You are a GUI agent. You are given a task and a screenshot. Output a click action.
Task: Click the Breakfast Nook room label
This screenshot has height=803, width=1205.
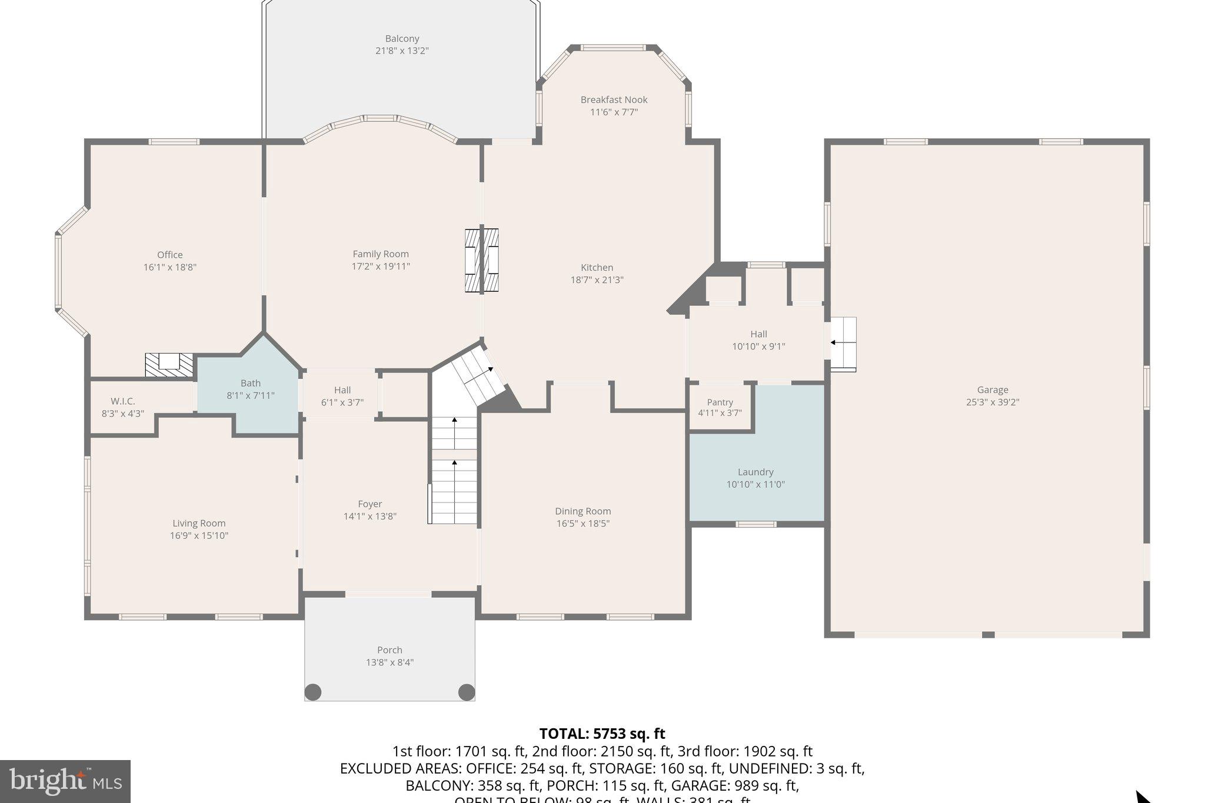tap(614, 100)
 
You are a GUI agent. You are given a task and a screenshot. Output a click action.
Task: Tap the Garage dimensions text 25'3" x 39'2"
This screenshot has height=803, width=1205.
tap(993, 402)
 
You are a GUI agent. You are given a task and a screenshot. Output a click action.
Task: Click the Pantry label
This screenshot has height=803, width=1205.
tap(720, 402)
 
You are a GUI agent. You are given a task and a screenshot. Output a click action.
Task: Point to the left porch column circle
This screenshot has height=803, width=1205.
tap(313, 692)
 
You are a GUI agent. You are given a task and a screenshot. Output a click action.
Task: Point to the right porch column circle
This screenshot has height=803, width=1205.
tap(466, 692)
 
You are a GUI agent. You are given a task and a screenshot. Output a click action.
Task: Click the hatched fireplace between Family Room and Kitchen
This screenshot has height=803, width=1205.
tap(481, 261)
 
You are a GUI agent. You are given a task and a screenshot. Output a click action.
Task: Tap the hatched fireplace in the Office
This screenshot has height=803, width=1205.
tap(169, 365)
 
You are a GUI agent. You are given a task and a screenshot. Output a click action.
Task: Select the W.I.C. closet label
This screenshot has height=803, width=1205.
tap(123, 401)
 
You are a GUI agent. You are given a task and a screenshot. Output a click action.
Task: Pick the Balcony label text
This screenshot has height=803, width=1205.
tap(402, 39)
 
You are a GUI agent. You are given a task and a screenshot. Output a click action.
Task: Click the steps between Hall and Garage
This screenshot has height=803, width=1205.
tap(843, 344)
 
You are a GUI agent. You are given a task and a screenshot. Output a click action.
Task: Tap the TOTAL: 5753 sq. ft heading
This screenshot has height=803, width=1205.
tap(602, 734)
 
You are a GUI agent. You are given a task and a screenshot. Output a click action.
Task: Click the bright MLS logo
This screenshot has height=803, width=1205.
tap(65, 781)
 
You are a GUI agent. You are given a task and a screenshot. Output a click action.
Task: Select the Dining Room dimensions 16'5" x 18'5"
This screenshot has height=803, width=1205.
tap(582, 524)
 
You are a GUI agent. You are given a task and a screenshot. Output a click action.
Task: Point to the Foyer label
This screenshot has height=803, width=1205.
tap(370, 504)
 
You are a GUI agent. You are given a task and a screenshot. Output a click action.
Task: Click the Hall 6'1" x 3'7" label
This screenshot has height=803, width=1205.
tap(342, 396)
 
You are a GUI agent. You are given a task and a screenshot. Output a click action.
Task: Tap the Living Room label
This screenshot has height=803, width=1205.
tap(199, 523)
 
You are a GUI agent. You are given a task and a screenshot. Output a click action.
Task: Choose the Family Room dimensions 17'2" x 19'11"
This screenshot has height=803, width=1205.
tap(381, 266)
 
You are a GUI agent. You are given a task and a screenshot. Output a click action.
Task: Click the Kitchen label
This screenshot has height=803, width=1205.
tap(597, 268)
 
